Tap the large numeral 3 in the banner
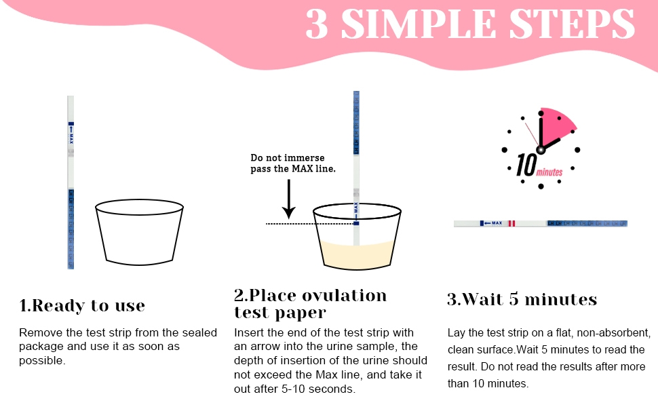coord(317,24)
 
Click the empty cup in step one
coord(139,232)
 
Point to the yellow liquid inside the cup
coord(357,254)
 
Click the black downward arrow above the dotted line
coord(289,199)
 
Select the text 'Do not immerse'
coord(288,158)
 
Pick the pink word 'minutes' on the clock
coord(549,172)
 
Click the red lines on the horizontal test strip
coord(511,223)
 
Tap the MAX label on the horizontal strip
coord(497,223)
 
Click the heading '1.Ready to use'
coord(82,306)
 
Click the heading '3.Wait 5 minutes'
coord(522,299)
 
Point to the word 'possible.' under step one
coord(42,361)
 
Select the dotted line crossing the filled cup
coord(311,224)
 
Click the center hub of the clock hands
coord(541,150)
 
